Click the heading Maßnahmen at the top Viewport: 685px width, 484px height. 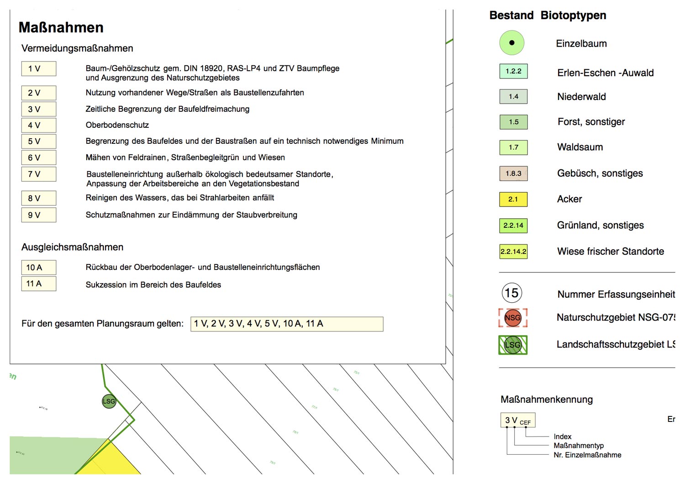click(61, 27)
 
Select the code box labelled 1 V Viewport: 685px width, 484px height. click(39, 68)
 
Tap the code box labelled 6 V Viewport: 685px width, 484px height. click(39, 158)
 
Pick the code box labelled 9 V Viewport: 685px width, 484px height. click(39, 215)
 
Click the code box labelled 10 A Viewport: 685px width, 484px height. click(39, 268)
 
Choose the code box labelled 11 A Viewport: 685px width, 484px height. click(39, 284)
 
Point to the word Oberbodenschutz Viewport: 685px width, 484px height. click(117, 125)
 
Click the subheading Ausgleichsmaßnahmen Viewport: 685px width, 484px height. click(72, 247)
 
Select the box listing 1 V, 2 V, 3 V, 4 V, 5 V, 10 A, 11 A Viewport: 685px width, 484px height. click(287, 324)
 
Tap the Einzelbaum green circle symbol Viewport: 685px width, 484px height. click(511, 43)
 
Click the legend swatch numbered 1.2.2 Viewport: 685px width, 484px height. click(513, 71)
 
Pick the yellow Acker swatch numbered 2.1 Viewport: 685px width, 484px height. click(513, 200)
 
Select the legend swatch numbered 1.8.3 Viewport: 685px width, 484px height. click(513, 174)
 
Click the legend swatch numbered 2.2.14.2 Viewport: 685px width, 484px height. click(513, 252)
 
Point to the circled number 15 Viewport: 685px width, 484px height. click(512, 293)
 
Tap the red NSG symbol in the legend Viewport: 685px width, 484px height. click(513, 318)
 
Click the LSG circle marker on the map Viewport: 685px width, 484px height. click(109, 401)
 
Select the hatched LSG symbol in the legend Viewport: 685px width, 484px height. click(513, 345)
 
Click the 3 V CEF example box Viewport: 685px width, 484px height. click(518, 420)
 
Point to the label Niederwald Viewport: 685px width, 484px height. click(581, 97)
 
